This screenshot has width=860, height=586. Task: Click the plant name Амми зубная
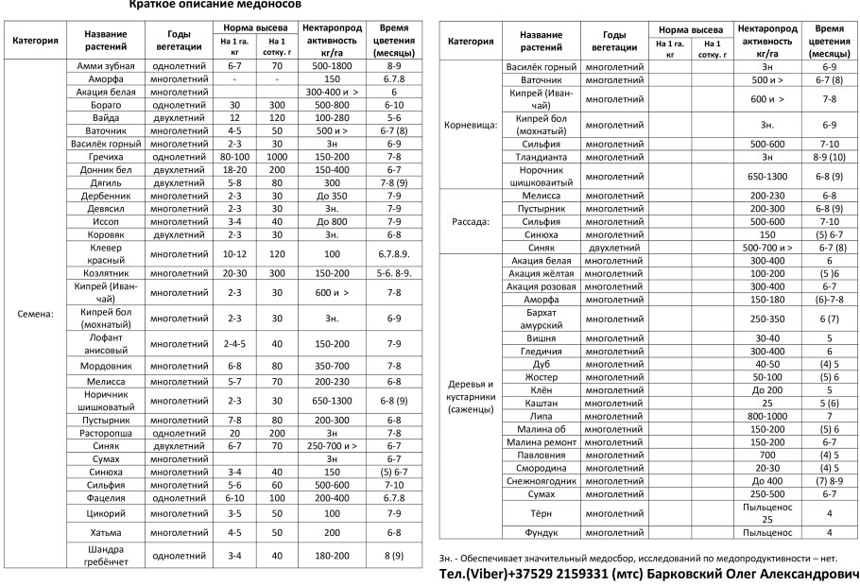[x=106, y=67]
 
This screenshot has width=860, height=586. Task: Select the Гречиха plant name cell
[x=106, y=156]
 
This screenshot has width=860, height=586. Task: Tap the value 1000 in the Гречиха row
[x=276, y=156]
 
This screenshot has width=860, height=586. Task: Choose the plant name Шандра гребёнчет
[x=106, y=555]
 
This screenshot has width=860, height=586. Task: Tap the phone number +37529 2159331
[x=559, y=574]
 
